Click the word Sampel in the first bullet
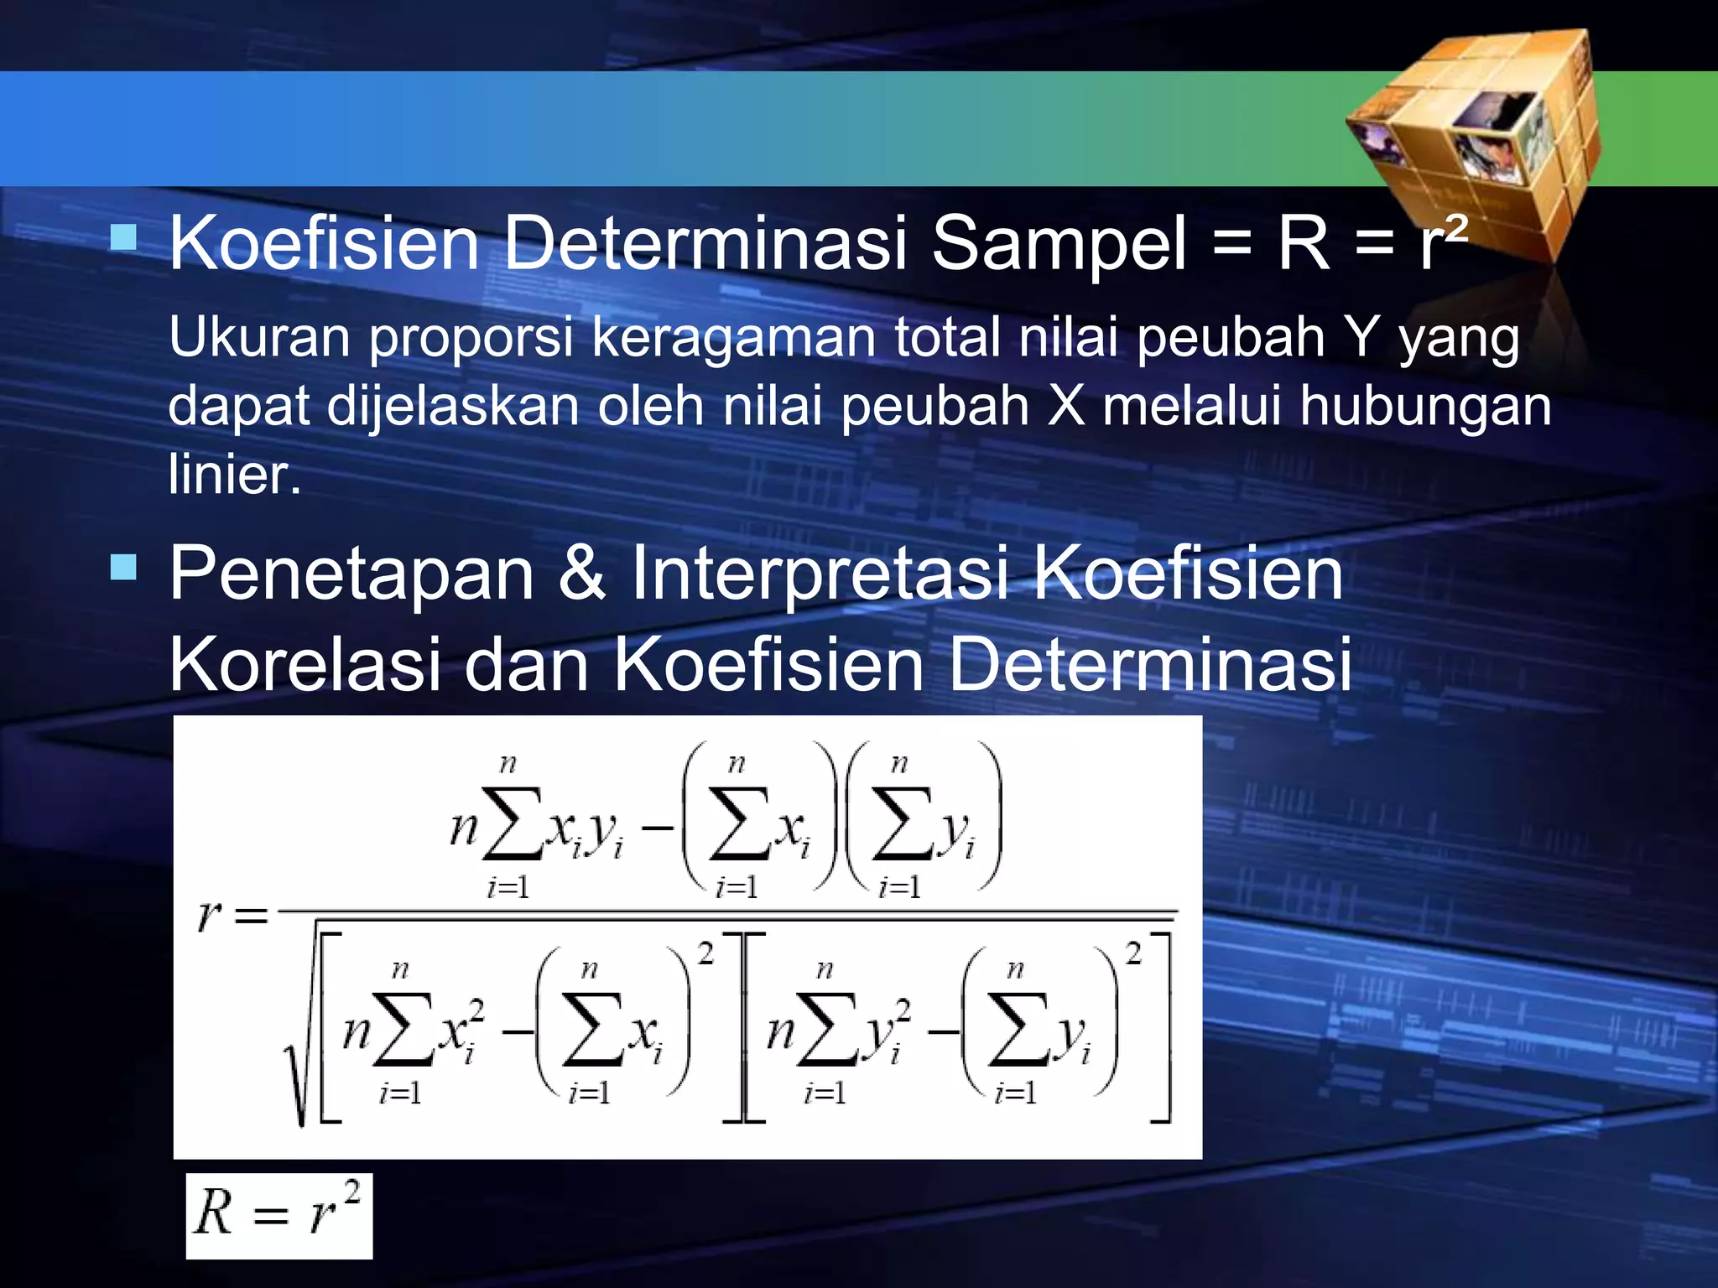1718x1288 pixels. point(1059,243)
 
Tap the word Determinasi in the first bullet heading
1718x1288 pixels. point(705,243)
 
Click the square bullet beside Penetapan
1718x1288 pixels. point(123,567)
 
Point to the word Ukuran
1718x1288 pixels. point(259,337)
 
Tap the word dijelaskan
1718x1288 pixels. point(452,408)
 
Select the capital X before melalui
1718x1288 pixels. point(1066,406)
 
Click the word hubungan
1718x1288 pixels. point(1425,408)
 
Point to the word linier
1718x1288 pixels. point(234,475)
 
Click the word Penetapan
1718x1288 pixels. point(351,575)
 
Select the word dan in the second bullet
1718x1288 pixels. point(526,664)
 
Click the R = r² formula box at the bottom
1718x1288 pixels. point(279,1215)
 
